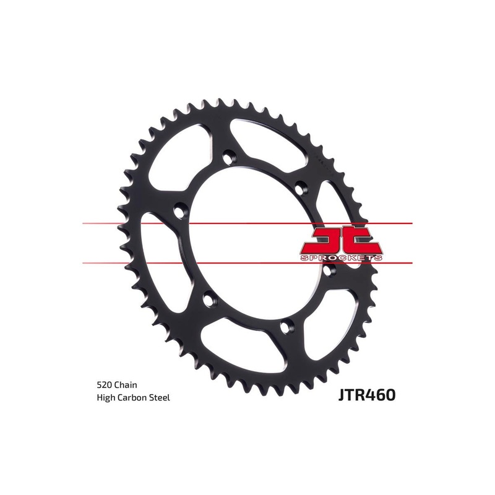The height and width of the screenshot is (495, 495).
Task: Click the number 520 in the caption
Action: click(x=105, y=384)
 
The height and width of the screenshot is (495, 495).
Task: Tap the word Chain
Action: click(x=128, y=384)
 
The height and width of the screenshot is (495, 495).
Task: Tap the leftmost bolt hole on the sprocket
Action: click(x=180, y=210)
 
